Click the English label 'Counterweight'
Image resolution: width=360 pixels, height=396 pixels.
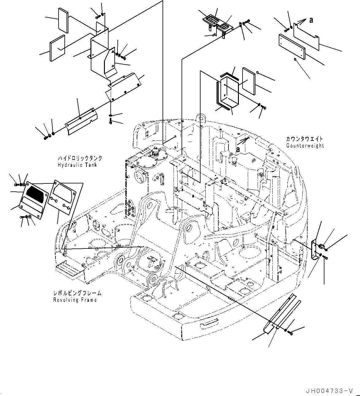[x=305, y=146]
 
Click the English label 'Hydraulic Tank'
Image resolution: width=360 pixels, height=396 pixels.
[x=77, y=165]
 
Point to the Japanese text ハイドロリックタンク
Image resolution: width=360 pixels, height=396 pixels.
[x=80, y=159]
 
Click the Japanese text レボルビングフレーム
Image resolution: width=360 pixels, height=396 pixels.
[x=77, y=294]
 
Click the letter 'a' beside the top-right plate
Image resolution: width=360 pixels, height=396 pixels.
[x=311, y=20]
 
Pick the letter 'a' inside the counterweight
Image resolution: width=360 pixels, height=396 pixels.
[x=238, y=149]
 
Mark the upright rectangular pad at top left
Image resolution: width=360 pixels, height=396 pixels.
[x=63, y=20]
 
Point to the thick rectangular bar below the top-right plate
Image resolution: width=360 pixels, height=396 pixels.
[x=292, y=47]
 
